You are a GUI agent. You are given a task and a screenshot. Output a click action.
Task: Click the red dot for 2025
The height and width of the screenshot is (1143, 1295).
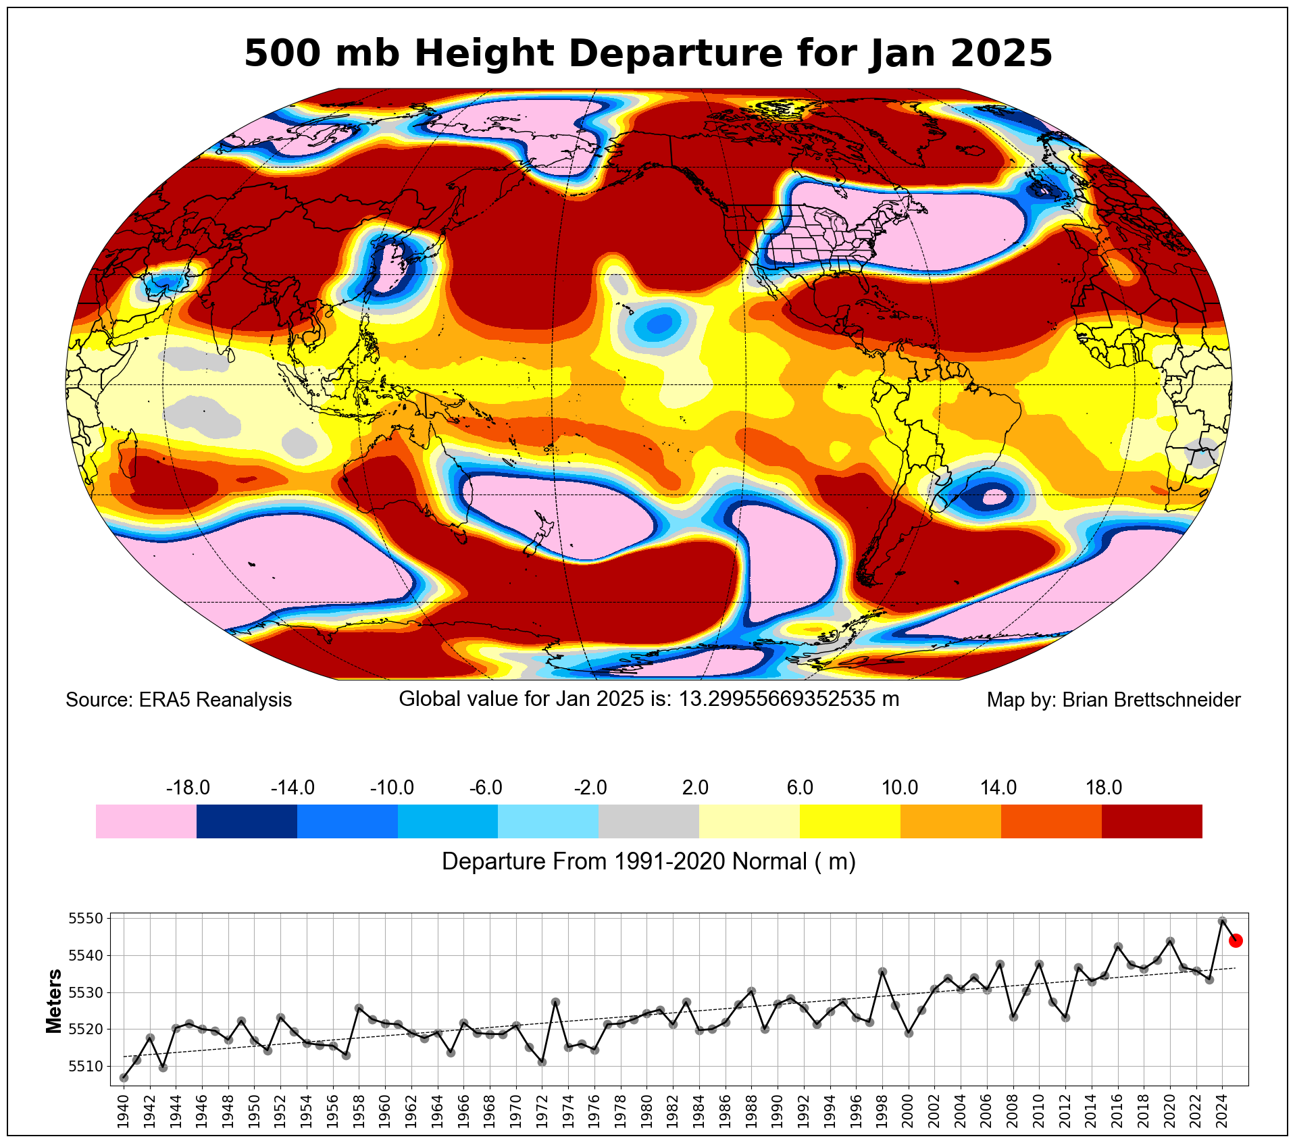click(1236, 940)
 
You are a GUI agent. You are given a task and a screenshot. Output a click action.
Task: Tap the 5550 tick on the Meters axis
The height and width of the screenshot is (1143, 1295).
click(86, 919)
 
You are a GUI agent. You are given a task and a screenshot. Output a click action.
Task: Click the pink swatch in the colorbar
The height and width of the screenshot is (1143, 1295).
click(146, 821)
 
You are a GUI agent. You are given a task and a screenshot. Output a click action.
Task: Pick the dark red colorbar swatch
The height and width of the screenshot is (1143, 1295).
click(1151, 821)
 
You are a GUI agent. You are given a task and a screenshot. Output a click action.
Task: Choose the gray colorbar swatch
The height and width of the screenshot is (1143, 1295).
click(649, 821)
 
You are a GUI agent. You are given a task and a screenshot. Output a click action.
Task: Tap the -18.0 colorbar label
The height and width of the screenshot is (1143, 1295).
click(188, 788)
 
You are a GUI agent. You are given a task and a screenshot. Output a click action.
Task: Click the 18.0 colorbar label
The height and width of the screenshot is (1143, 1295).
click(1104, 788)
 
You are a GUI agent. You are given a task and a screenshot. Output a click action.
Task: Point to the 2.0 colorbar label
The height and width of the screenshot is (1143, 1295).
click(695, 788)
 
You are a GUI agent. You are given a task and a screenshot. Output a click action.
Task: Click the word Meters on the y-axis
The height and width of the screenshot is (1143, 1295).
click(54, 1001)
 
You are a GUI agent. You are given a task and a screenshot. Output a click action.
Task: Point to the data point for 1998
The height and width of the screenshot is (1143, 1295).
click(882, 972)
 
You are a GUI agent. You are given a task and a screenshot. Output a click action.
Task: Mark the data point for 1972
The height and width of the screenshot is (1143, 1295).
click(542, 1062)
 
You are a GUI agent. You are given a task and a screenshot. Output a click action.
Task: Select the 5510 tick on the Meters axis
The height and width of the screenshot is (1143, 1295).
click(86, 1066)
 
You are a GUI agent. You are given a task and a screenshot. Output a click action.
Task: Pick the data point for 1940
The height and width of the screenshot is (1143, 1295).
click(124, 1077)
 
